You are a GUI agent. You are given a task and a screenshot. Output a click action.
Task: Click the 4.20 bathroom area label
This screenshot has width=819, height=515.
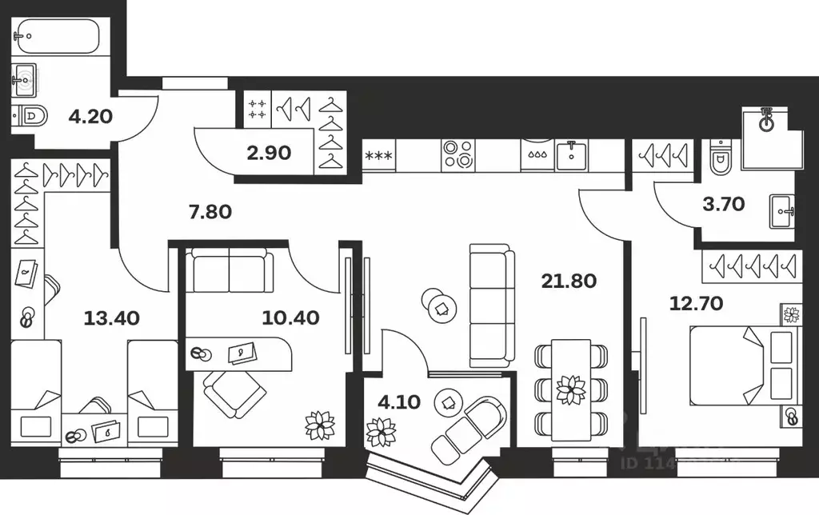pyautogui.click(x=90, y=116)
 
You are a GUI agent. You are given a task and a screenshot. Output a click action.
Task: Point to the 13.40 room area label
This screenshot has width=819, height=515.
pyautogui.click(x=112, y=318)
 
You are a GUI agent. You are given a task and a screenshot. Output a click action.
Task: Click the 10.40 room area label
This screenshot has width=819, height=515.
pyautogui.click(x=290, y=318)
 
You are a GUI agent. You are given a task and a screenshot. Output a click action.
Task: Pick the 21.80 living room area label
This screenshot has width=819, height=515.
pyautogui.click(x=569, y=281)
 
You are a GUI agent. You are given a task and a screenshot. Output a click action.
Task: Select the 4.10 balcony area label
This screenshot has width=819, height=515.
pyautogui.click(x=397, y=402)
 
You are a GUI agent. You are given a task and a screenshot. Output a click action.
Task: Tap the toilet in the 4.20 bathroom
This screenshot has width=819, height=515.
pyautogui.click(x=30, y=116)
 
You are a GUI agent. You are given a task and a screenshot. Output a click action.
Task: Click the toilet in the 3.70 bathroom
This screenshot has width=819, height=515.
pyautogui.click(x=720, y=158)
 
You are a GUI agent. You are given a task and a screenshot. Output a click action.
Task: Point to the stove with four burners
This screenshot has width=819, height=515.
pyautogui.click(x=458, y=154)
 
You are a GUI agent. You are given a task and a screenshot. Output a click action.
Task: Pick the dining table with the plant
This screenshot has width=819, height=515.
pyautogui.click(x=571, y=389)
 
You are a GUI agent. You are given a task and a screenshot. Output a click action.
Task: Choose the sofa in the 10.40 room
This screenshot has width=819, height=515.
pyautogui.click(x=229, y=269)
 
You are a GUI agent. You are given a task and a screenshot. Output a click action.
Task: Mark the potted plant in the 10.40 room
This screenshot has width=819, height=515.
pyautogui.click(x=319, y=425)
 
